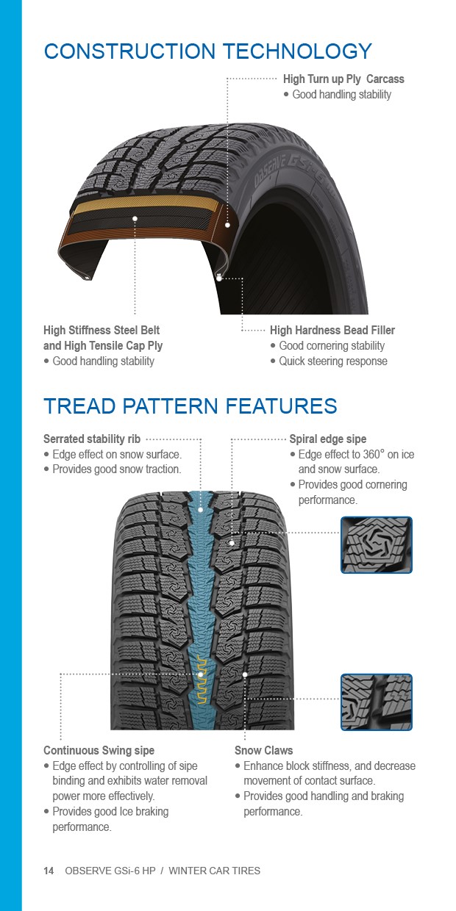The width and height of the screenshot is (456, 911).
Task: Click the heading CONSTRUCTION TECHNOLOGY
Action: click(x=207, y=51)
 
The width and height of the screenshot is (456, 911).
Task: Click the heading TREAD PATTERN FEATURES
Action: click(x=190, y=406)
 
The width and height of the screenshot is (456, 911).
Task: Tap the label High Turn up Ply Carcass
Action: click(x=343, y=79)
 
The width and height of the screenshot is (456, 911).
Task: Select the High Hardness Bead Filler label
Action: click(x=332, y=330)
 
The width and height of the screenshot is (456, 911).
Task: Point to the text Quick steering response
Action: click(x=333, y=361)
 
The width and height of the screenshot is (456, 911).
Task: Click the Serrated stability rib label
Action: click(x=92, y=439)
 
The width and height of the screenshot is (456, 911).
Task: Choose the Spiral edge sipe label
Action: click(x=328, y=439)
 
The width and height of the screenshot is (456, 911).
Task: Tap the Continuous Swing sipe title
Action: click(x=99, y=750)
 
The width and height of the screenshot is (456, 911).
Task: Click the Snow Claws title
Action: click(x=263, y=750)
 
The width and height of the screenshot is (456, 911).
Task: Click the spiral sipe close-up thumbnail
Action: click(x=377, y=545)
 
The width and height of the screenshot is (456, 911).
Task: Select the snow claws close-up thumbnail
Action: click(x=377, y=702)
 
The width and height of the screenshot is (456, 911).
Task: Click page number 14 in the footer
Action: click(x=49, y=871)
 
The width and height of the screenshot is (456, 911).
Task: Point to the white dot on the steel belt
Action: click(x=135, y=218)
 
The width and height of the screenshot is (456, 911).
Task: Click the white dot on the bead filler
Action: click(x=219, y=278)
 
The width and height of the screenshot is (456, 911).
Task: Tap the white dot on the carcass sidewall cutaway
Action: click(x=227, y=225)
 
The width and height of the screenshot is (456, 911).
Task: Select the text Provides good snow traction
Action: click(x=117, y=469)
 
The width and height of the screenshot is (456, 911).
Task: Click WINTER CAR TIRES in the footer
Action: click(x=215, y=871)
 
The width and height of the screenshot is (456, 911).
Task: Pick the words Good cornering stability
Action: click(x=332, y=346)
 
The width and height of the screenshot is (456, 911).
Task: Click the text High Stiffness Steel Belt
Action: click(x=101, y=330)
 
